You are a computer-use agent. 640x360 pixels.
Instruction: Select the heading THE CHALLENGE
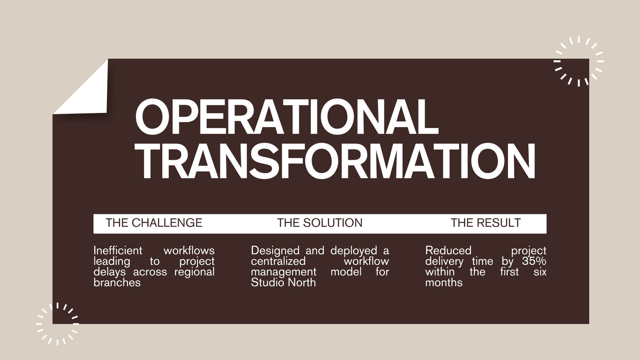coord(154,223)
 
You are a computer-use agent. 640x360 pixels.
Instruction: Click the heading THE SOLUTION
coord(320,223)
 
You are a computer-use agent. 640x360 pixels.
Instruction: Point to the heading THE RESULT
coord(486,223)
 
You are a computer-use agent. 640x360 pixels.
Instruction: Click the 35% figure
coord(534,261)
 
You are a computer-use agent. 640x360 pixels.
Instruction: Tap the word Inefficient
coord(118,250)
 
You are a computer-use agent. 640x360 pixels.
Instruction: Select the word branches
coord(117,282)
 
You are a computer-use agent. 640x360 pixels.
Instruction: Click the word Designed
coord(275,250)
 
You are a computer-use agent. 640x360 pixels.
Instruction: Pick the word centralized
coord(278,261)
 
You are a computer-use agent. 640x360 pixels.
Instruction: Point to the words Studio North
coord(283,282)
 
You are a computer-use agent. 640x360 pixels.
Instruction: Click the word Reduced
coord(448,250)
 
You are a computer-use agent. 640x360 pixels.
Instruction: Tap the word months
coord(444,282)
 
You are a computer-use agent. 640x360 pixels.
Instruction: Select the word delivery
coord(444,262)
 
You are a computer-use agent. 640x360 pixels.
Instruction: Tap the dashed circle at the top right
coord(579,61)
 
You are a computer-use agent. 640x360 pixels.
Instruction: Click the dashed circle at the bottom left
coord(58,324)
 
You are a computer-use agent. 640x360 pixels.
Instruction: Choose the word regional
coord(194,272)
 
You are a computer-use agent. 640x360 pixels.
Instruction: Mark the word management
coord(284,272)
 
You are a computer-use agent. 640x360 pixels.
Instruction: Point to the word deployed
coord(354,250)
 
